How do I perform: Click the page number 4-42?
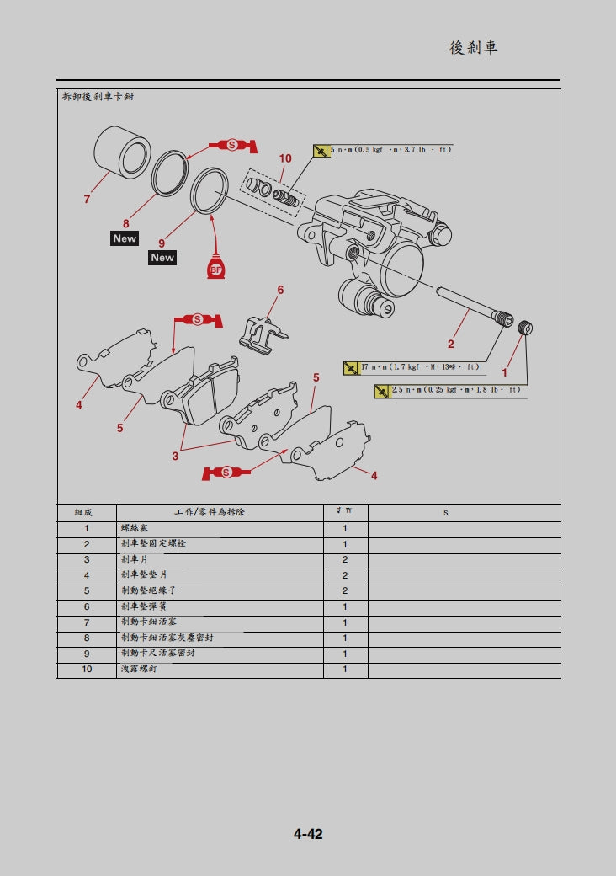tap(308, 834)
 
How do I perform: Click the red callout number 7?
tap(87, 200)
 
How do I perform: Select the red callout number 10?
tap(285, 158)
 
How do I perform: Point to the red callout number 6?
tap(280, 290)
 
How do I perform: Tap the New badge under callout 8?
tap(125, 238)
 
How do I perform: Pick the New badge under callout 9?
tap(162, 258)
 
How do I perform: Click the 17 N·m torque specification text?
tap(419, 367)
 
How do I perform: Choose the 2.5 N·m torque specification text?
tap(455, 390)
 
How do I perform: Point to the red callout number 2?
tap(450, 344)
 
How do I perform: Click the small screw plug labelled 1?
tap(527, 327)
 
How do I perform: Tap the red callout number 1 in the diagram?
tap(505, 371)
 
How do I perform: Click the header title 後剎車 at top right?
tap(474, 48)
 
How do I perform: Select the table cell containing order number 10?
tap(87, 670)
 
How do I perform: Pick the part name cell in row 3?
tap(219, 560)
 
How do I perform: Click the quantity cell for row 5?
tap(345, 591)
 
